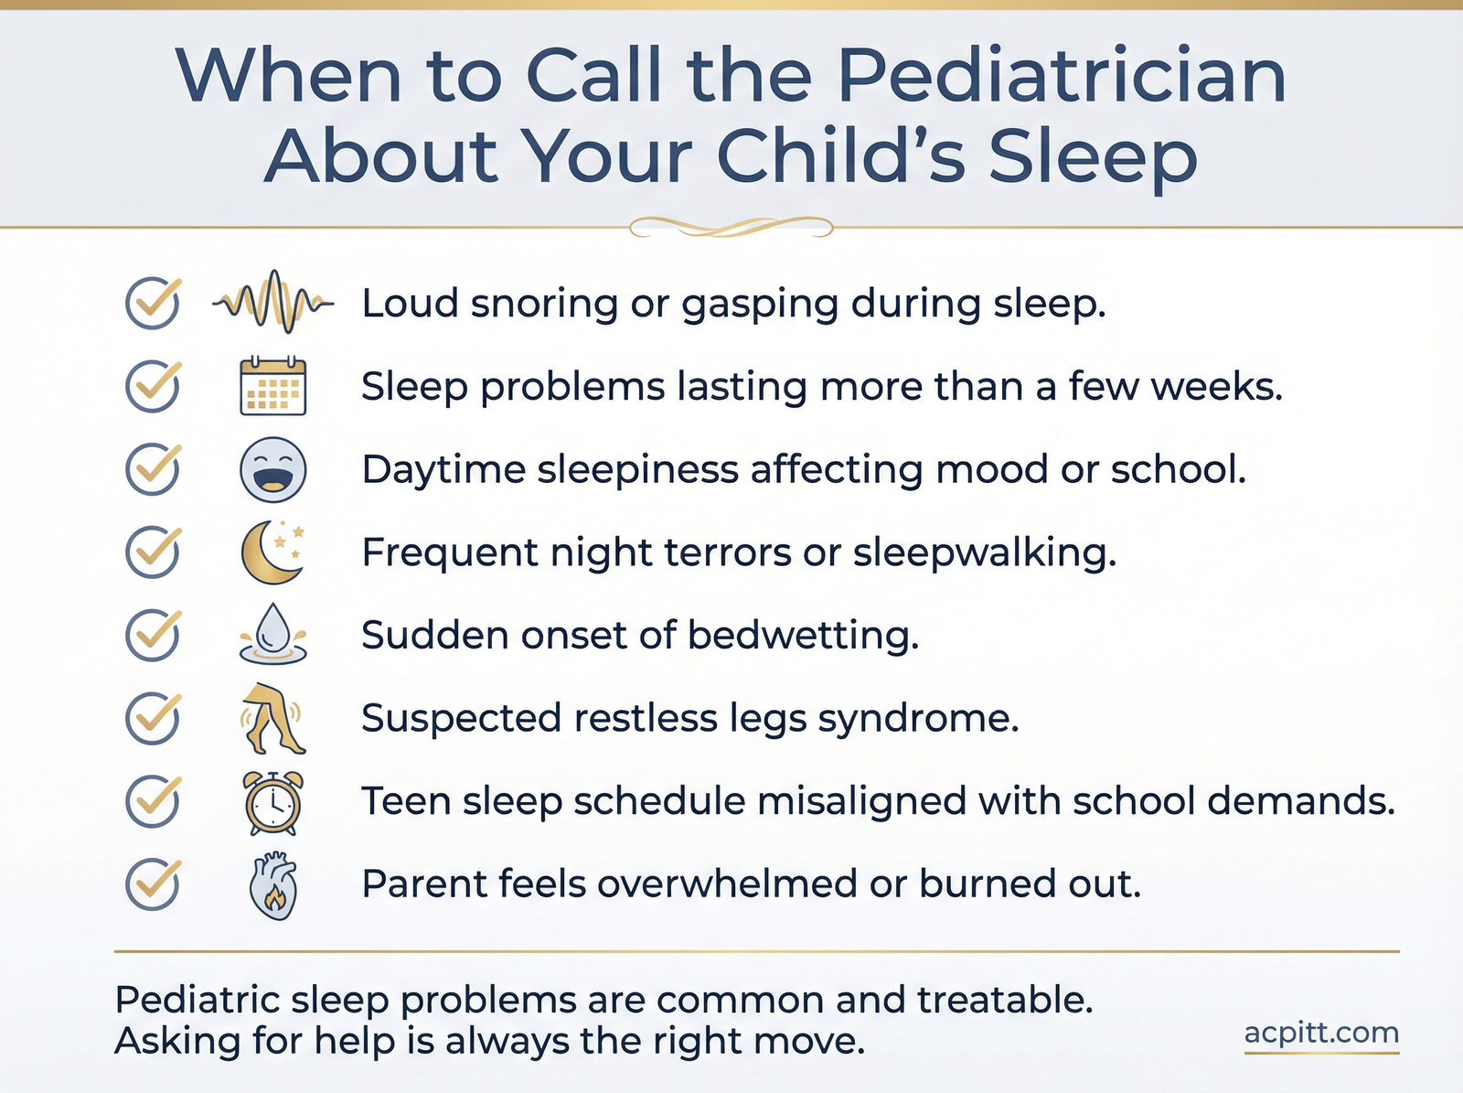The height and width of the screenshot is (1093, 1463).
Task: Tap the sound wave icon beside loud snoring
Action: pos(273,302)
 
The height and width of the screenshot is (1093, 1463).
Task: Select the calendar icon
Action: pos(272,386)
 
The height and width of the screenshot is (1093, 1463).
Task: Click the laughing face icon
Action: pos(272,469)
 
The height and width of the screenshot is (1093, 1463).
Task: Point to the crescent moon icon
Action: pos(272,552)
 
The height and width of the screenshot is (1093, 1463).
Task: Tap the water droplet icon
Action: pos(272,634)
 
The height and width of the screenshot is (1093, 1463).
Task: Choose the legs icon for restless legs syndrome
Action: pos(272,718)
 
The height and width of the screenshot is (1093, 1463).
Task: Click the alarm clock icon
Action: pos(272,802)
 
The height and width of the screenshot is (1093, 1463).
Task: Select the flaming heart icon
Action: pos(272,885)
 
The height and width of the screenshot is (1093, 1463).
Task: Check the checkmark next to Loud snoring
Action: pos(154,303)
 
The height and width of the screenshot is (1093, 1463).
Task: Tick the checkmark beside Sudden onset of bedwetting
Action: pos(154,635)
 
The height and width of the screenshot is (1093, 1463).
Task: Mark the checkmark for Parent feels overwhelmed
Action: pos(154,884)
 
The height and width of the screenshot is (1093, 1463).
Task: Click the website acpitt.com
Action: pos(1321,1034)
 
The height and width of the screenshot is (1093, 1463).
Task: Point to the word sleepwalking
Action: pos(985,552)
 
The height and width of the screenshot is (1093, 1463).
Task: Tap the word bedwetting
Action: pos(803,635)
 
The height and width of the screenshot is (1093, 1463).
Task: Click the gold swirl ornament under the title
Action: pos(731,227)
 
